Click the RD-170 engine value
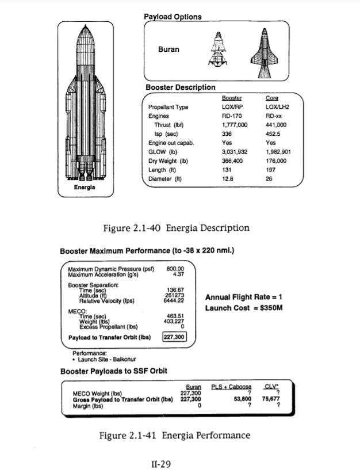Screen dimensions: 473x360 pyautogui.click(x=230, y=116)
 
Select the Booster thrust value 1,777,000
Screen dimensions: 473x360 pyautogui.click(x=234, y=124)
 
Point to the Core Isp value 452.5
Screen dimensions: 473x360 pyautogui.click(x=273, y=133)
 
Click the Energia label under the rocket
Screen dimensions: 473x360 pyautogui.click(x=85, y=188)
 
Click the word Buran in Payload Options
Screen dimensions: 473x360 pyautogui.click(x=168, y=49)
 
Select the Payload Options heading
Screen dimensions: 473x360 pyautogui.click(x=173, y=17)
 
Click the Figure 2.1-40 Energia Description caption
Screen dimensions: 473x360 pyautogui.click(x=175, y=228)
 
